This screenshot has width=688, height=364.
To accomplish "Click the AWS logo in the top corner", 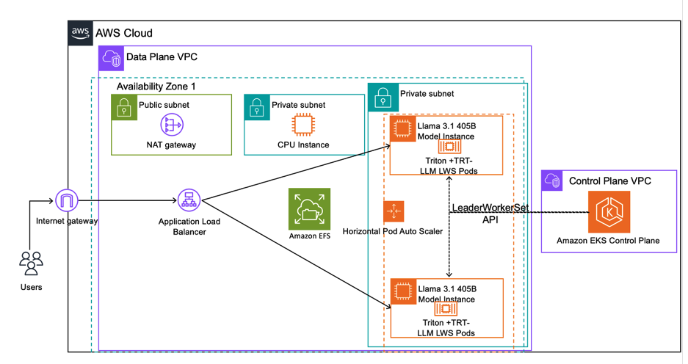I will tap(80, 33).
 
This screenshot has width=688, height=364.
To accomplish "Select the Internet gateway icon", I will tap(67, 200).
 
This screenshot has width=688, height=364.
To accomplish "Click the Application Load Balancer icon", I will tap(189, 200).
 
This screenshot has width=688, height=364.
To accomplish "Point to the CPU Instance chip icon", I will tap(303, 125).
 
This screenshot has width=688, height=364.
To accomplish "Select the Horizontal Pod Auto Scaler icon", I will tap(394, 211).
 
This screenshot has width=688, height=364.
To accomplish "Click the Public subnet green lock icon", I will tap(124, 106).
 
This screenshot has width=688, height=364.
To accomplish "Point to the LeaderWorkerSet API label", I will tap(490, 214).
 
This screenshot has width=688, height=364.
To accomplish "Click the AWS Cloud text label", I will tap(124, 34).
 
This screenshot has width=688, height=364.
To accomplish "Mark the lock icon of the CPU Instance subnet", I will tap(256, 106).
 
